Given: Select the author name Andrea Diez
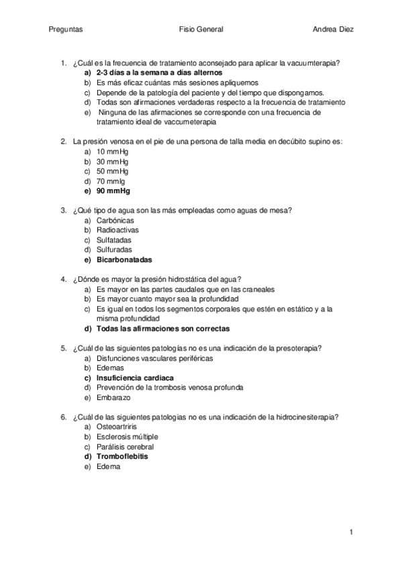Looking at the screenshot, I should click(334, 30).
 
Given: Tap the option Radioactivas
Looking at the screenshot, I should click(117, 230).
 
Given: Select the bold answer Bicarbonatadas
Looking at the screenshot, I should click(124, 260).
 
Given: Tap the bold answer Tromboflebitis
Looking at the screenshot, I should click(123, 456).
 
